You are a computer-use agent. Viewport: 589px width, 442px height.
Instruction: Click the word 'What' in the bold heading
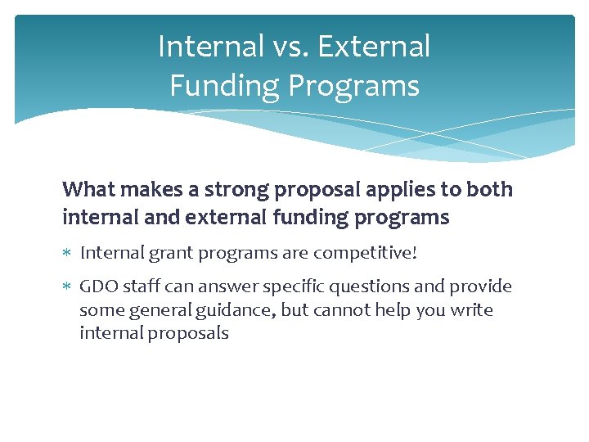click(x=89, y=189)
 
